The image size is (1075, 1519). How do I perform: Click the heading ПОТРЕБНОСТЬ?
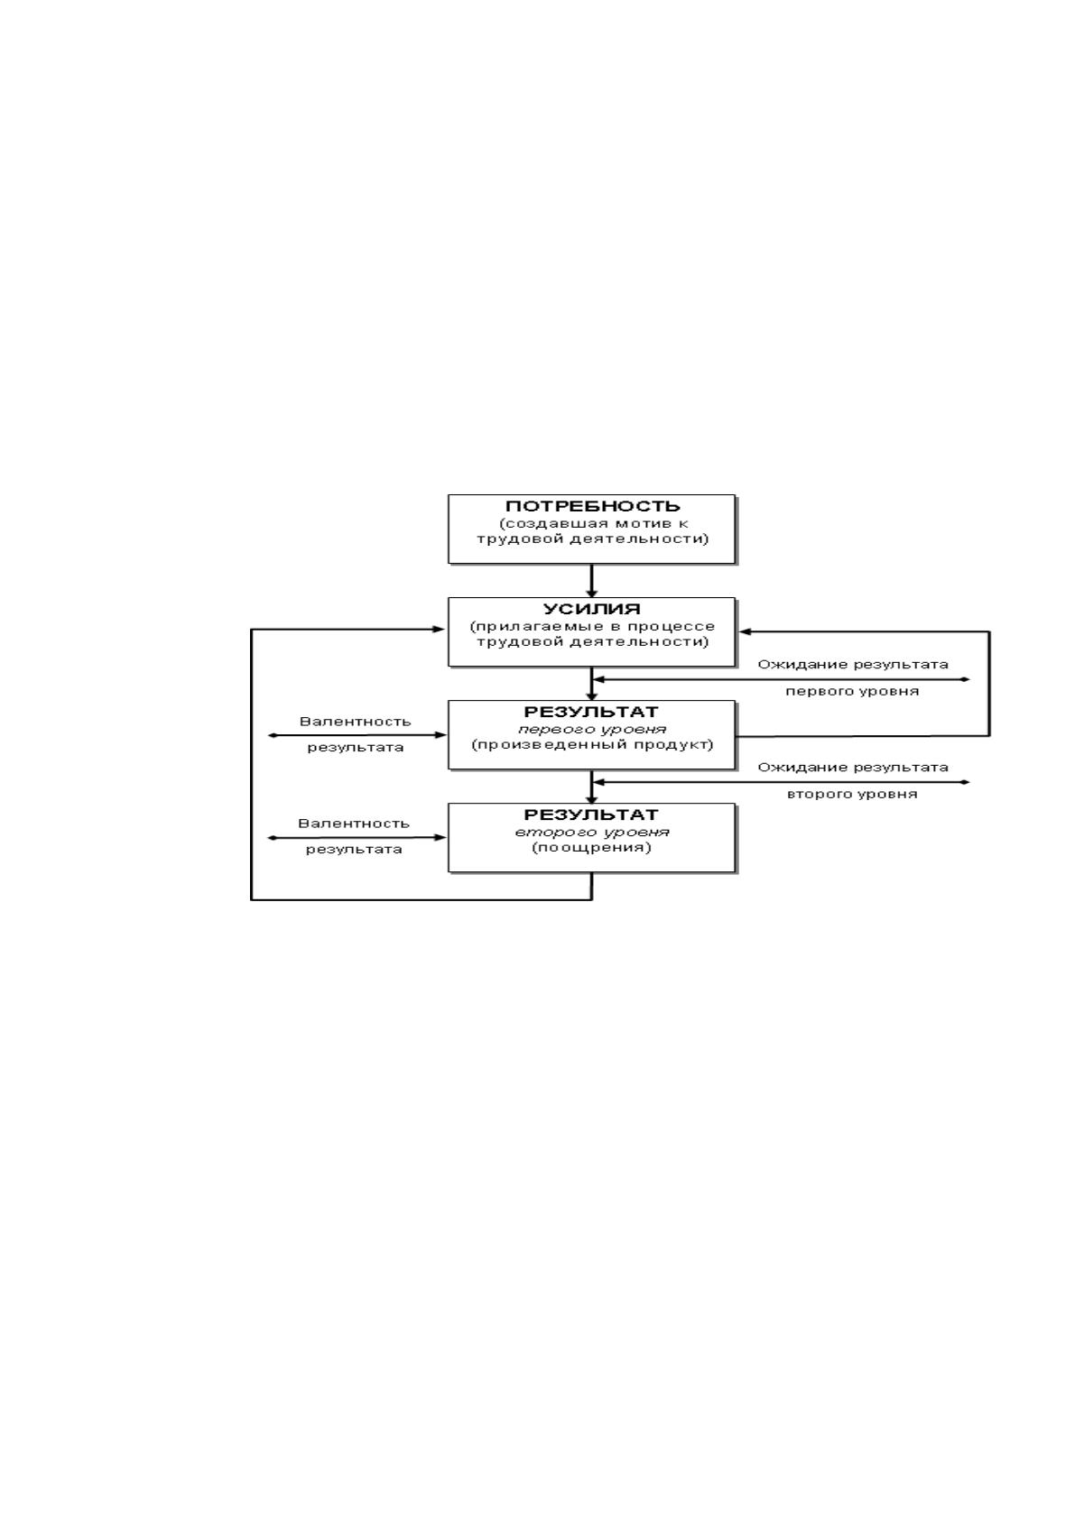(x=592, y=507)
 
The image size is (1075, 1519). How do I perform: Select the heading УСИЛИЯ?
(x=592, y=609)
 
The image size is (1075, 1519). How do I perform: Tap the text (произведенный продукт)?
(x=592, y=744)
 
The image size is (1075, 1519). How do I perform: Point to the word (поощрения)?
(x=592, y=848)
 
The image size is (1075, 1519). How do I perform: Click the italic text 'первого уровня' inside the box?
(x=592, y=730)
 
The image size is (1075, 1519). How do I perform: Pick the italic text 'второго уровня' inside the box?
(x=592, y=832)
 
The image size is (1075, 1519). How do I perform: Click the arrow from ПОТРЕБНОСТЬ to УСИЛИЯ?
(x=592, y=581)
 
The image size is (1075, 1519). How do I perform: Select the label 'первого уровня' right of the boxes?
(x=852, y=692)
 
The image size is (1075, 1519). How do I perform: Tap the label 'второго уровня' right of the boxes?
(x=852, y=794)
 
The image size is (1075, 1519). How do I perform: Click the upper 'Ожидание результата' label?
(x=853, y=665)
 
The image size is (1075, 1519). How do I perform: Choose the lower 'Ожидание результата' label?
(x=853, y=768)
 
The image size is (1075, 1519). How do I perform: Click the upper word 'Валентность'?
(x=355, y=722)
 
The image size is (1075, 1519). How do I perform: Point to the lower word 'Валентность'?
(x=354, y=824)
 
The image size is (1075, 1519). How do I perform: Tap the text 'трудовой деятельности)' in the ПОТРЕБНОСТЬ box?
(x=592, y=539)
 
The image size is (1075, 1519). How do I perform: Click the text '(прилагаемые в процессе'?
(x=592, y=627)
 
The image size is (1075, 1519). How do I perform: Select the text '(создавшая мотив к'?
(x=592, y=523)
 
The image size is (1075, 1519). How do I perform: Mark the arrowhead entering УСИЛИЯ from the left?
(x=439, y=630)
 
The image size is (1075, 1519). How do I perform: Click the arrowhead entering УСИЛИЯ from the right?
(x=746, y=632)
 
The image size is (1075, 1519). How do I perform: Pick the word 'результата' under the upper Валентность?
(x=355, y=748)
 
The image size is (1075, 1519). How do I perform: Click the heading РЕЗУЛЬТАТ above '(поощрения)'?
(x=592, y=815)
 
